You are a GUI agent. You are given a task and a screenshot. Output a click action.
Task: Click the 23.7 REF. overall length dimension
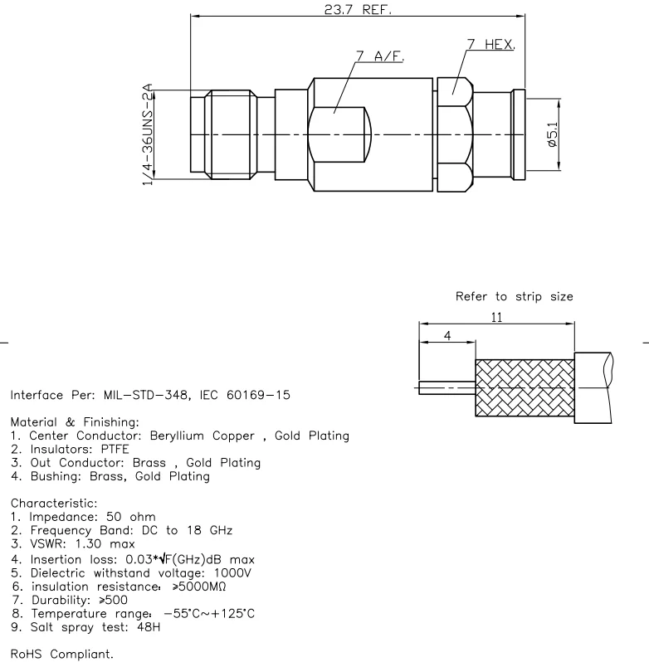coord(358,10)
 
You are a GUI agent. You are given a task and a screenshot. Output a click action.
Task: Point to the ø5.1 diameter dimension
coord(554,134)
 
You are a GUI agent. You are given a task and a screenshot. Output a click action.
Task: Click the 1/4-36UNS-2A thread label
coord(149,134)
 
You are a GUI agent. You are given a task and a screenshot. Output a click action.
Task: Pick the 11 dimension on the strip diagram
coord(495,317)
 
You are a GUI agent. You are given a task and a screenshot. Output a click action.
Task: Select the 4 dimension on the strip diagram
coord(446,337)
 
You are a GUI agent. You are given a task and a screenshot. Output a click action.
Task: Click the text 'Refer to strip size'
coord(514,296)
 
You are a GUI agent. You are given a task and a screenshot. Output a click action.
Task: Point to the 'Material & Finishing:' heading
coord(63,422)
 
